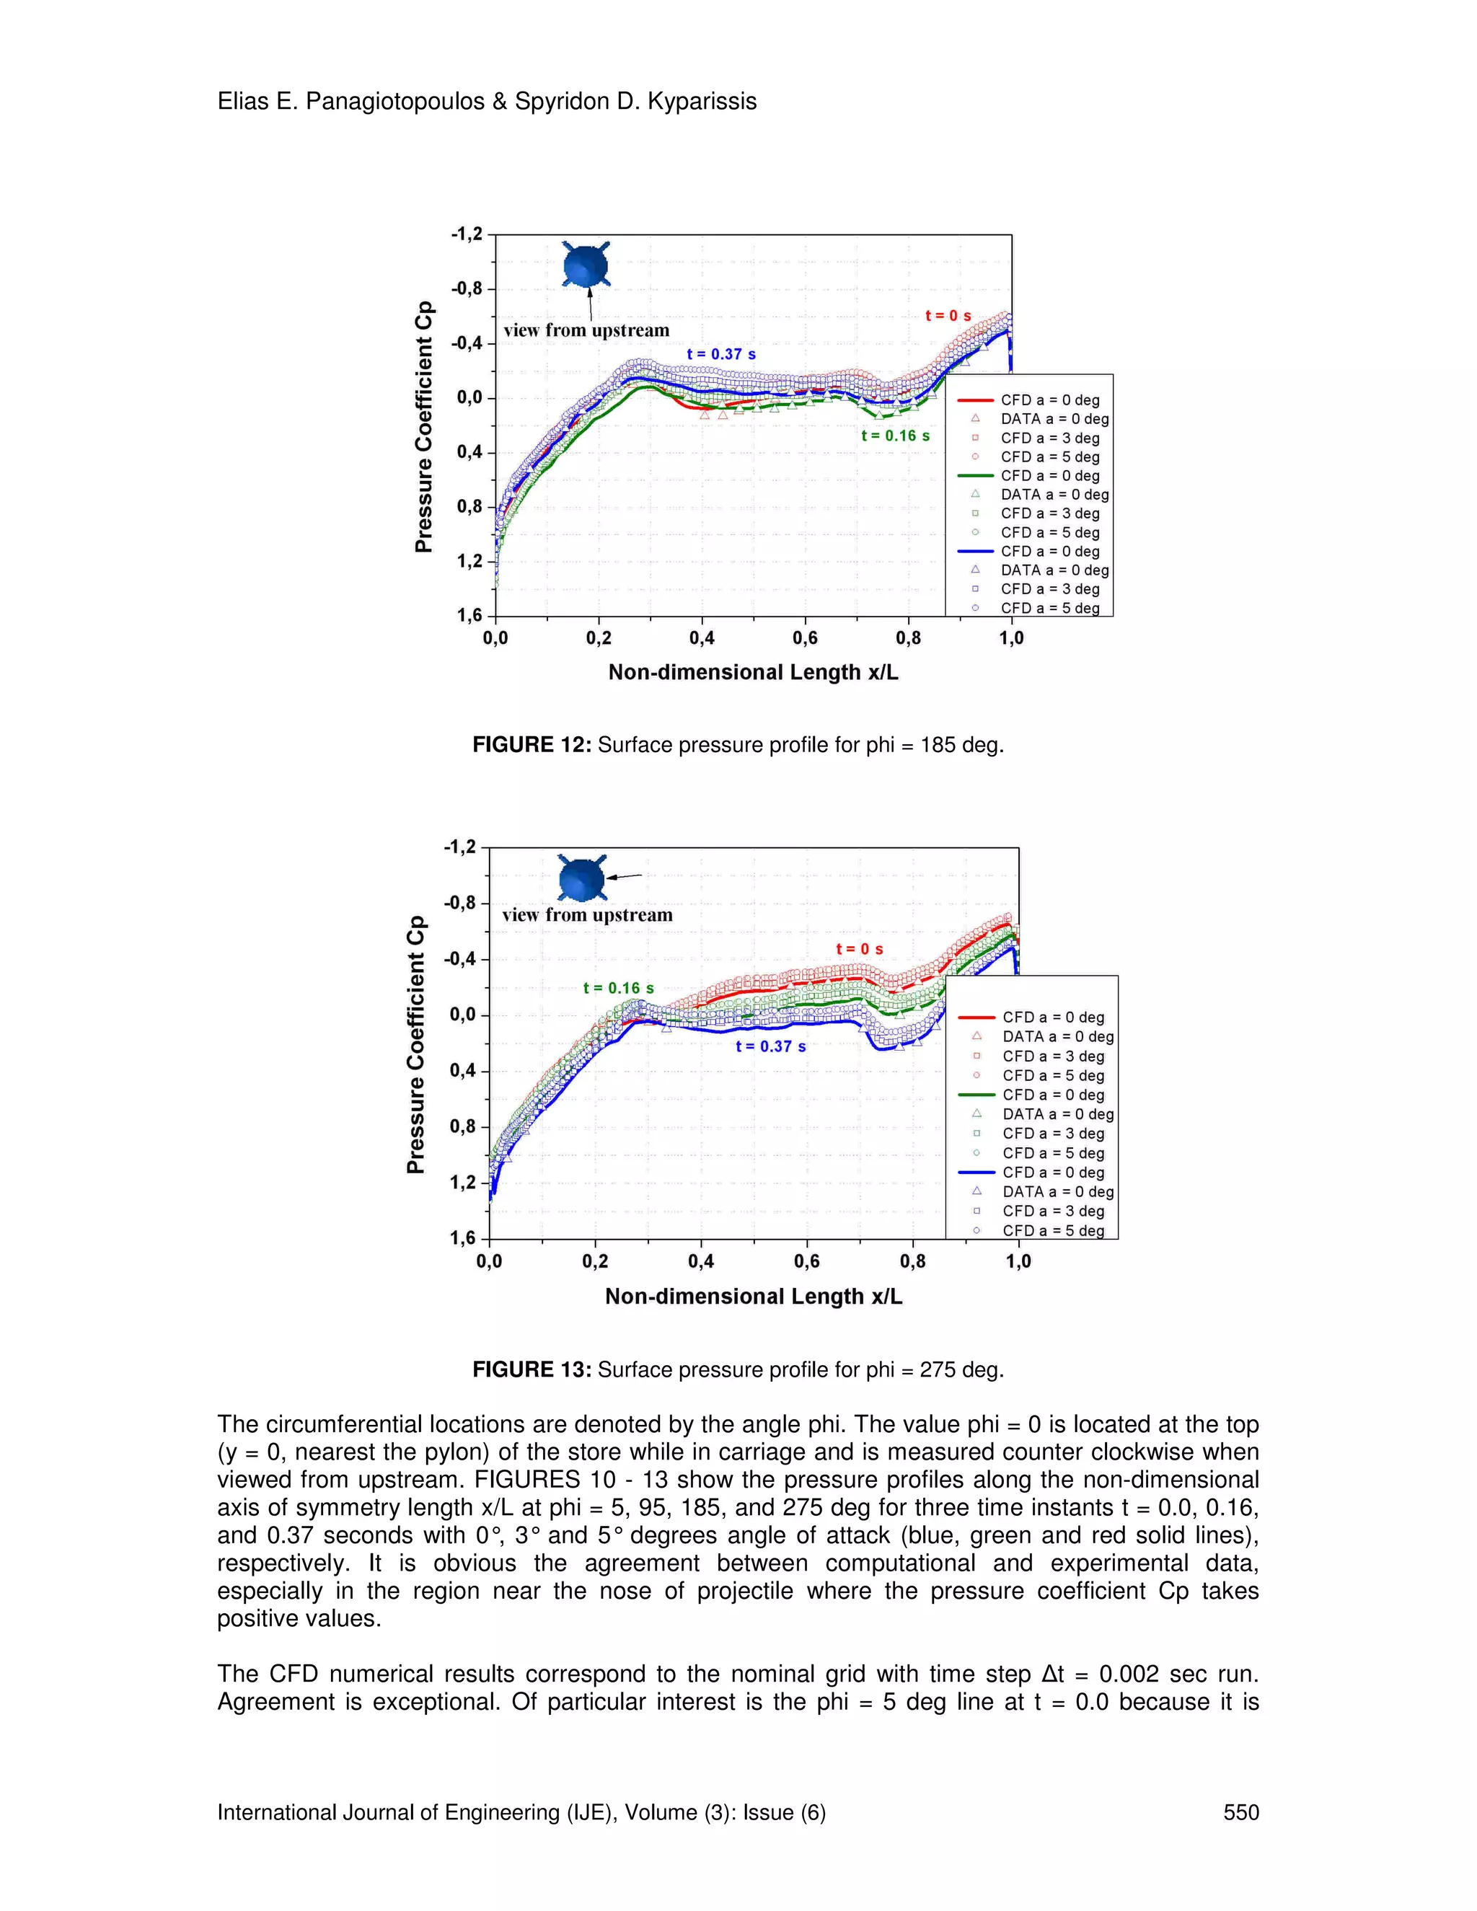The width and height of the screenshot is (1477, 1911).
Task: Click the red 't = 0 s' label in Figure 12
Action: [x=948, y=316]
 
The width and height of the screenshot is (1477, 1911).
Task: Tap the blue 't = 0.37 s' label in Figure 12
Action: [x=721, y=354]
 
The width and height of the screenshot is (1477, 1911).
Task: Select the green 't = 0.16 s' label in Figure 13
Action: [x=619, y=988]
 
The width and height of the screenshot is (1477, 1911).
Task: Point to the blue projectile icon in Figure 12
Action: [x=584, y=265]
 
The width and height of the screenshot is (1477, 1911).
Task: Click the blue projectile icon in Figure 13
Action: [x=582, y=878]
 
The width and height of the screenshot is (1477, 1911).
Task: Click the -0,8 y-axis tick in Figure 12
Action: [x=467, y=288]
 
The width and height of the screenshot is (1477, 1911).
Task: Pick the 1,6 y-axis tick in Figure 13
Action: [x=462, y=1237]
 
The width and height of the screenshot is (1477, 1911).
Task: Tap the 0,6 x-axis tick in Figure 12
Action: [x=805, y=639]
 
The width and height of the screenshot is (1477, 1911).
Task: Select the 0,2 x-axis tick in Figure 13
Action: [x=595, y=1262]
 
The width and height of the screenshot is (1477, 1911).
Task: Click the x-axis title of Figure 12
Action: [x=754, y=673]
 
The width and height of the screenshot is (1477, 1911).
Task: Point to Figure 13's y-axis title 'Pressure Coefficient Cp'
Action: [x=417, y=1044]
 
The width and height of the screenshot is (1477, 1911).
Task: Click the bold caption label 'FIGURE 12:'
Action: [x=532, y=746]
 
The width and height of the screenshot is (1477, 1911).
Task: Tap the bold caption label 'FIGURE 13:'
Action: [x=532, y=1369]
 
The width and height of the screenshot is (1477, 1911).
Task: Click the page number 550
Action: [x=1240, y=1812]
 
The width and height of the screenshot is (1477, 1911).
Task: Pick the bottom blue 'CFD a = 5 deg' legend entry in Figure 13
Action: [x=1053, y=1230]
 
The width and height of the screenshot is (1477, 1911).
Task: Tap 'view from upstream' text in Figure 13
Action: [x=587, y=915]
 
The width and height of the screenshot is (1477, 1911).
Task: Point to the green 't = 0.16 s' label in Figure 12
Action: [x=895, y=436]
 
